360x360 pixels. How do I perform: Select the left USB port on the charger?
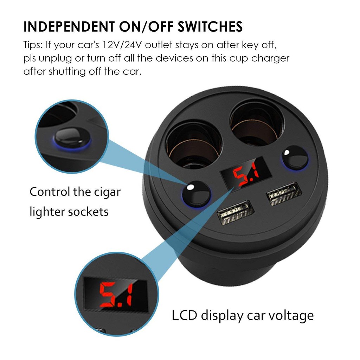236,212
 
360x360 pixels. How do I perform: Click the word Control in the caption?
50,192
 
